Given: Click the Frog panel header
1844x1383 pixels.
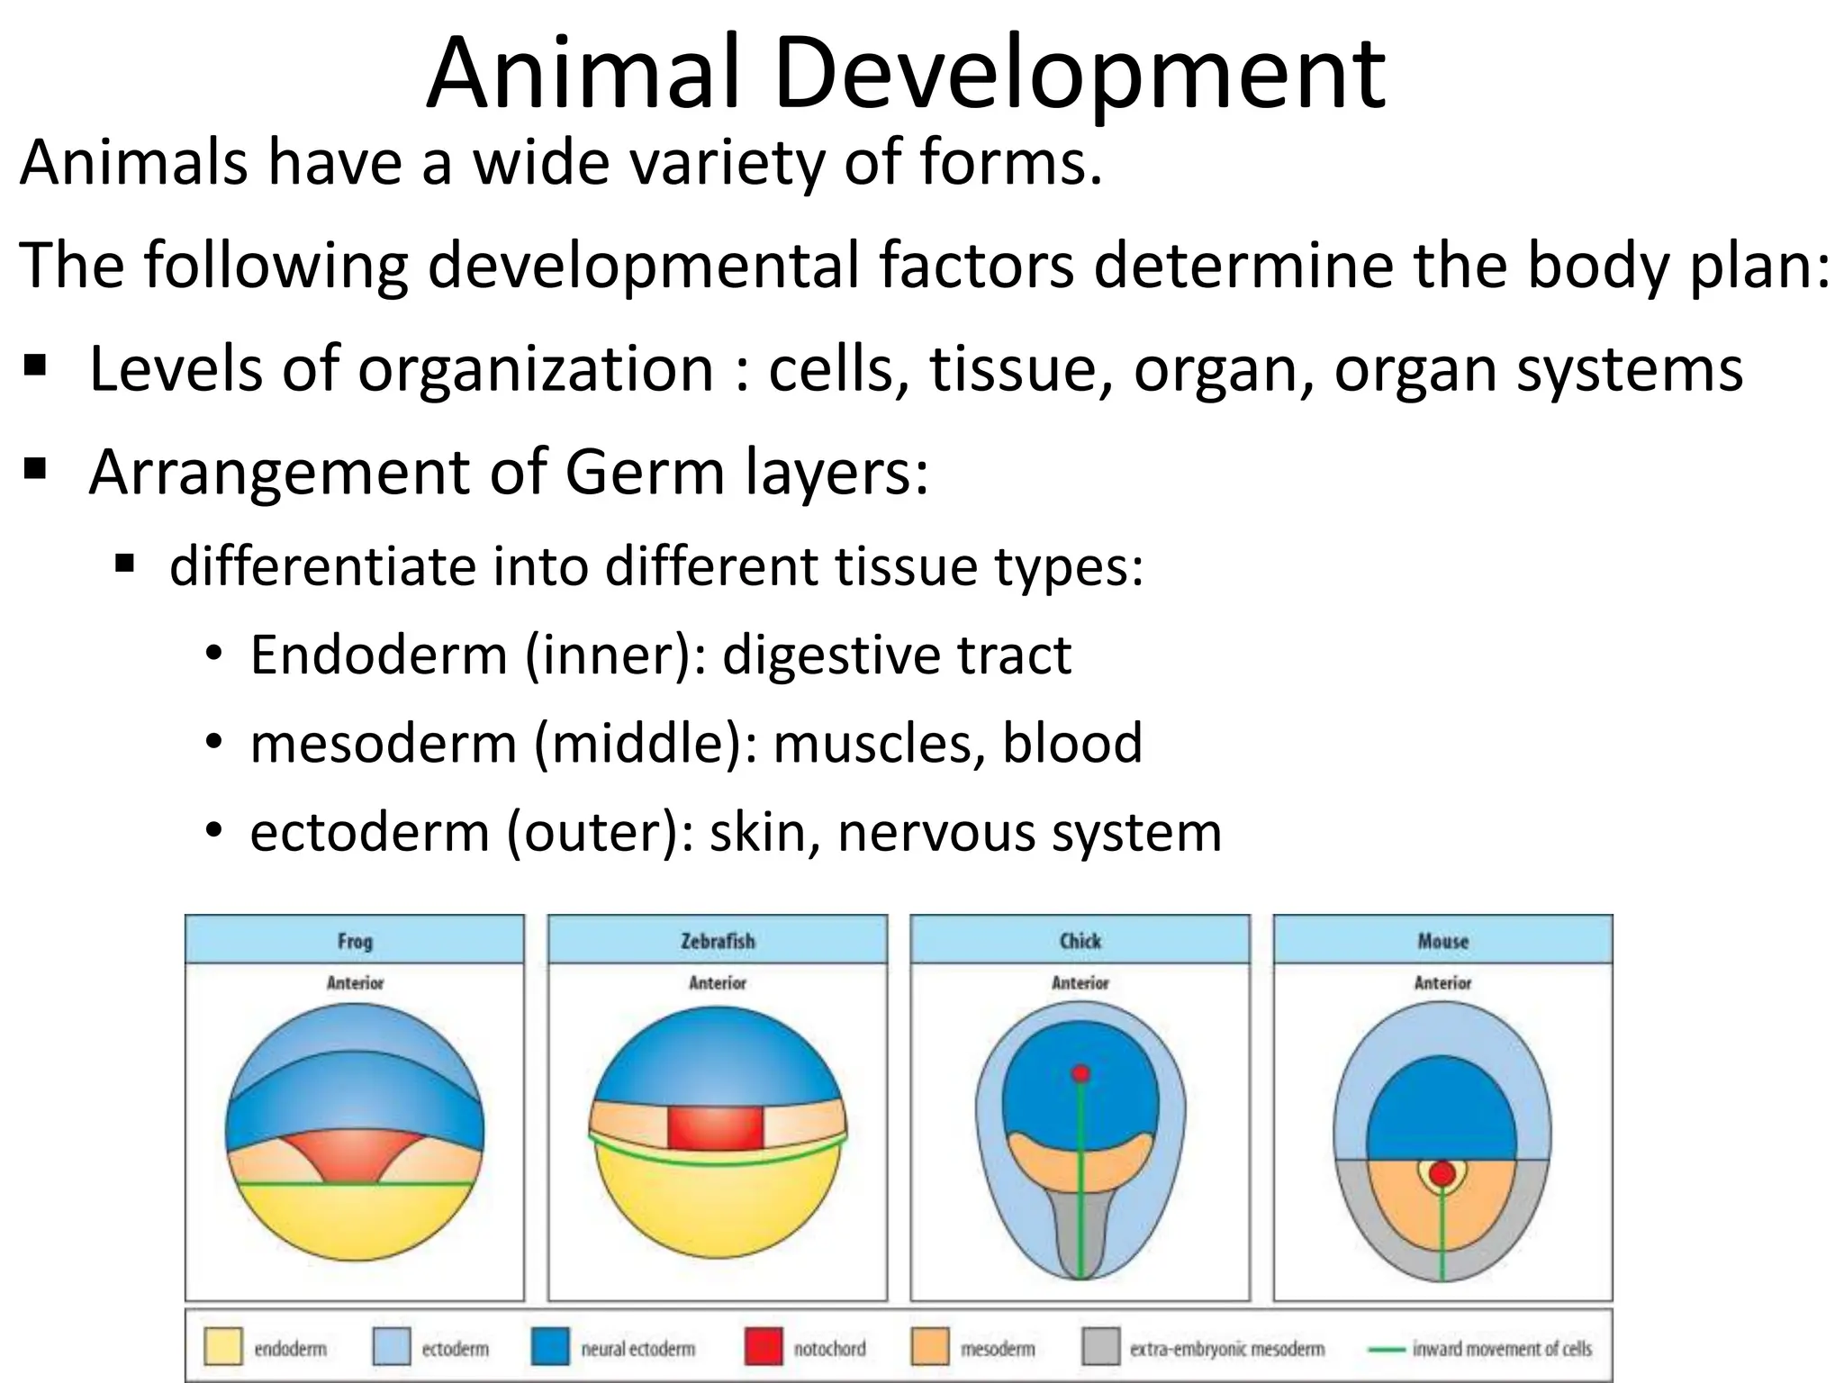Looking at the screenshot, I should pos(355,941).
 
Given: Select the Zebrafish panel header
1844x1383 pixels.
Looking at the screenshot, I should pos(718,941).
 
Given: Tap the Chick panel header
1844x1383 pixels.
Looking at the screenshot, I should pos(1080,941).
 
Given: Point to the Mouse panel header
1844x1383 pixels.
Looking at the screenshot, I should pos(1442,941).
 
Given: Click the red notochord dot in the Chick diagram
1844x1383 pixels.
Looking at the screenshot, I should pos(1081,1073).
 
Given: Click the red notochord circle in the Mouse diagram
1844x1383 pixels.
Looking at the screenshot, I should pos(1442,1173).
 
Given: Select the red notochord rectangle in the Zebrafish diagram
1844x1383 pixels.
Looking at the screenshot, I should pos(716,1128).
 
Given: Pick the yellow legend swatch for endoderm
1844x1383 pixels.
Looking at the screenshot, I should pos(222,1348).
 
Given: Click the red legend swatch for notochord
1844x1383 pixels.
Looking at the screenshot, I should pos(764,1348).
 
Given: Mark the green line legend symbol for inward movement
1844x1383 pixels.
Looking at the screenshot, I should pos(1386,1349).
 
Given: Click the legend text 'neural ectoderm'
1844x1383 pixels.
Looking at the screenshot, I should pos(637,1349).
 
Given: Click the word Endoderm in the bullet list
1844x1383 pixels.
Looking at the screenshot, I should pos(378,655).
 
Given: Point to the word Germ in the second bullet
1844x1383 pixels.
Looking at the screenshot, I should pos(645,472).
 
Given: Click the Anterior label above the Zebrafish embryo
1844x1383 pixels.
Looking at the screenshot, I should pos(718,983).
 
